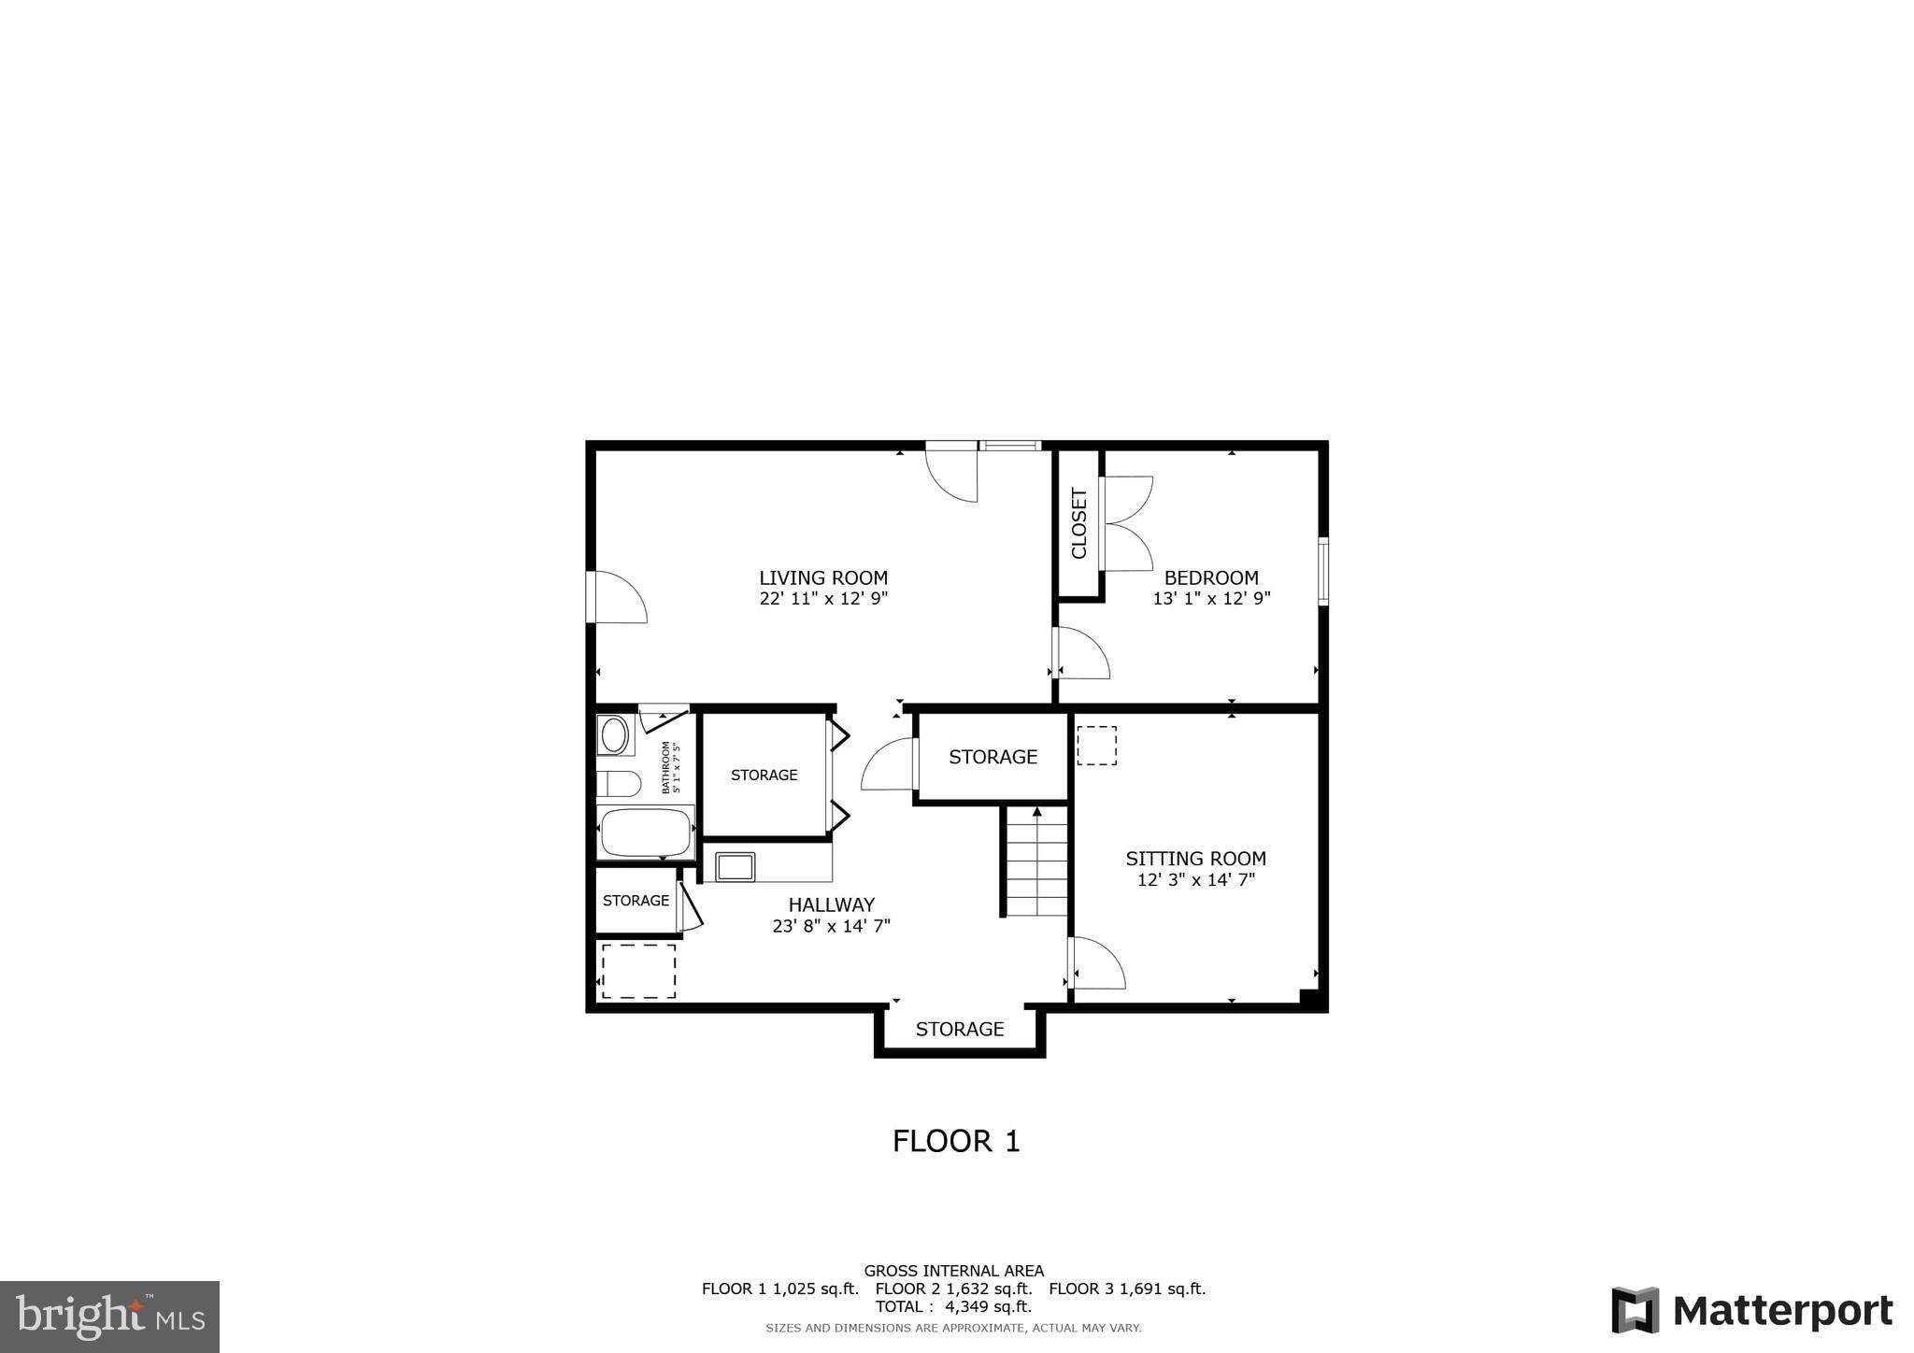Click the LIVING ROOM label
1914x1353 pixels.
coord(822,577)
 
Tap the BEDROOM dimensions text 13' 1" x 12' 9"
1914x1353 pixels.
coord(1211,599)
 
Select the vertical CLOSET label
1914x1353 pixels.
coord(1079,523)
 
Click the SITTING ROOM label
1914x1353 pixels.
coord(1195,858)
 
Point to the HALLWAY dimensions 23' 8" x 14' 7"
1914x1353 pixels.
coord(831,926)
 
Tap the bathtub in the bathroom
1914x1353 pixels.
coord(646,832)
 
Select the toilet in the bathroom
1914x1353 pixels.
coord(618,783)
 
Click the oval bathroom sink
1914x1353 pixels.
coord(614,734)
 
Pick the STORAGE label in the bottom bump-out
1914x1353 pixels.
coord(959,1029)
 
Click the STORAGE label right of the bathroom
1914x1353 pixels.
coord(764,775)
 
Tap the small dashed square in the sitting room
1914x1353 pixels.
coord(1096,746)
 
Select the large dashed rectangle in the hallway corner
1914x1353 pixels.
coord(638,971)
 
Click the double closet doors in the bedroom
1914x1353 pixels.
coord(1127,523)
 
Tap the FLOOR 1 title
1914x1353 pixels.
coord(955,1141)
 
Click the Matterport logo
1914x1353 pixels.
coord(1751,1310)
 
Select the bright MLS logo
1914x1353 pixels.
coord(109,1317)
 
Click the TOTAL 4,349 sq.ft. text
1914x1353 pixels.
coord(953,1306)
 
